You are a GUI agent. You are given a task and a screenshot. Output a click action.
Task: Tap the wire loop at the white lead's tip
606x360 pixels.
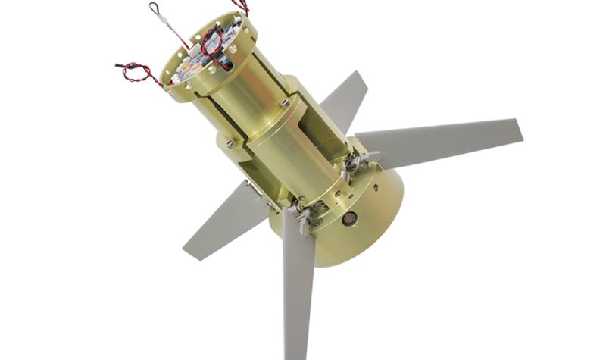[155, 8]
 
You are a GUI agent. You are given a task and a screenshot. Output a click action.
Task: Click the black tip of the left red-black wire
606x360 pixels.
[119, 64]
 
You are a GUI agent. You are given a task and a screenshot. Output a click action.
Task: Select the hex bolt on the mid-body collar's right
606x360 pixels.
[286, 102]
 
